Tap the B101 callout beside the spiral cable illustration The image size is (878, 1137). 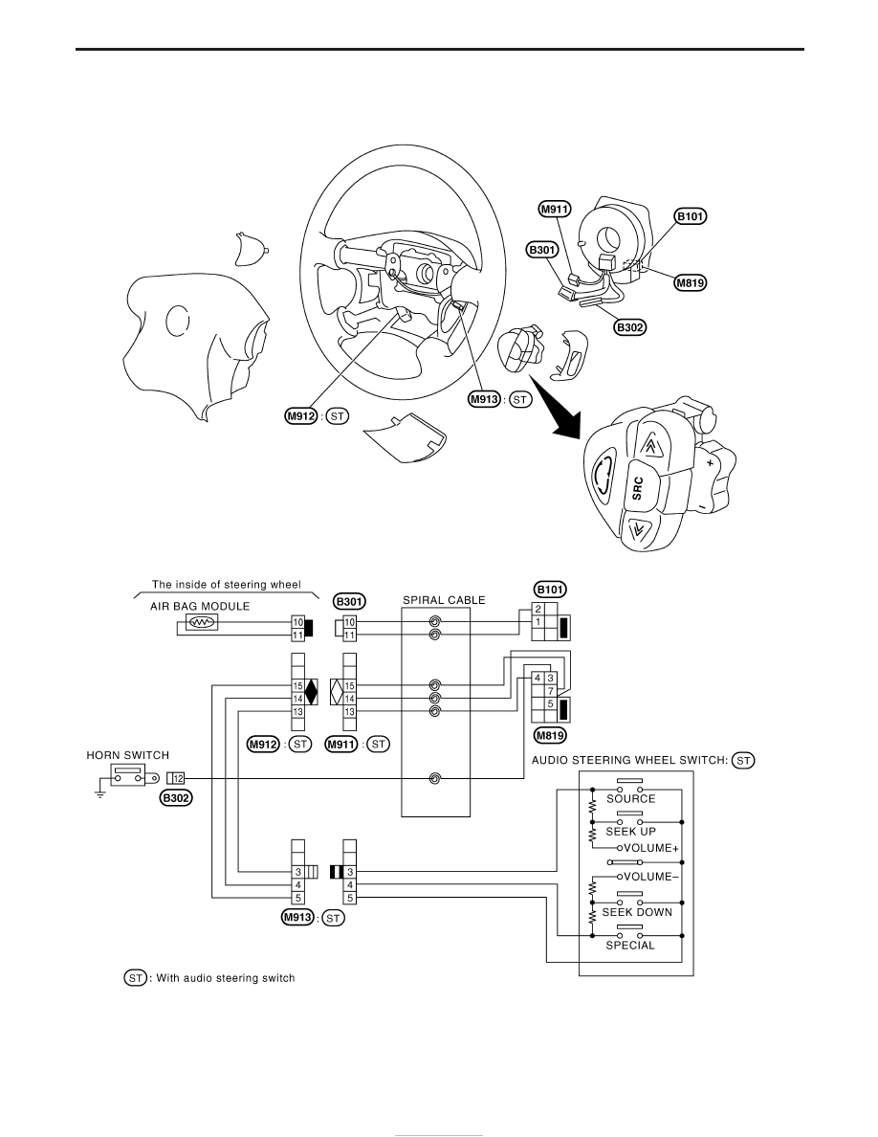click(x=691, y=216)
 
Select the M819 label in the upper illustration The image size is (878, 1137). click(x=691, y=282)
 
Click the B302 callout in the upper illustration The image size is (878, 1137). click(x=629, y=327)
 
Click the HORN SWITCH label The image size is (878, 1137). click(x=127, y=755)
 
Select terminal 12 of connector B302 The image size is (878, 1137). click(x=178, y=779)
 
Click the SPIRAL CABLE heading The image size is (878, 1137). click(x=444, y=600)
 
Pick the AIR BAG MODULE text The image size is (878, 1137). click(x=200, y=606)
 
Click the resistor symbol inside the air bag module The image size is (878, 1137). click(x=200, y=622)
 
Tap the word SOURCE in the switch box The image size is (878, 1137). click(x=631, y=798)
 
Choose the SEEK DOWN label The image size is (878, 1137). click(x=638, y=912)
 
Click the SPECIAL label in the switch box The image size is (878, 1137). click(x=630, y=946)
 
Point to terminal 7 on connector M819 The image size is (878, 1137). click(x=551, y=691)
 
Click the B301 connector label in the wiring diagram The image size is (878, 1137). click(x=350, y=601)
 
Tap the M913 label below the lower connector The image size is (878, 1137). click(x=297, y=917)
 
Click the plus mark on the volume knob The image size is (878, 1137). click(x=710, y=462)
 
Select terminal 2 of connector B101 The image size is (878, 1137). click(x=538, y=609)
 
